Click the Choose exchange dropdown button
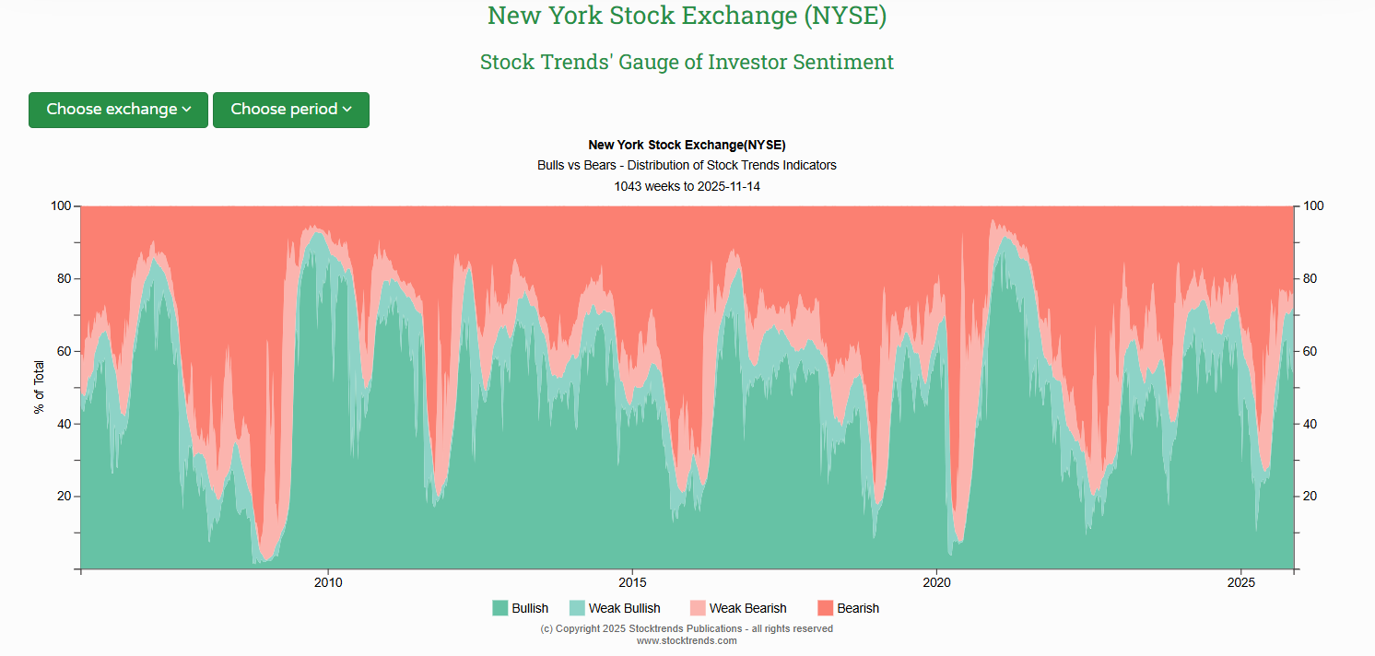click(118, 110)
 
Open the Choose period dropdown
click(290, 110)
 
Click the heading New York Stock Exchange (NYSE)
click(687, 16)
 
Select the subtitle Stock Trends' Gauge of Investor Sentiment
click(687, 62)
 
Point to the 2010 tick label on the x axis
click(328, 582)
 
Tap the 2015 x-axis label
click(632, 582)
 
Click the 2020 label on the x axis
click(936, 582)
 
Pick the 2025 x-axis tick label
click(1241, 582)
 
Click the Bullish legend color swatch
click(500, 608)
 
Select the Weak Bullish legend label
click(624, 608)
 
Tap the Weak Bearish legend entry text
click(747, 608)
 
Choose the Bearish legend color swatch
click(826, 608)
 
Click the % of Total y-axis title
click(39, 388)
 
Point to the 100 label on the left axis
click(60, 206)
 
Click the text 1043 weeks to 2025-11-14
click(687, 186)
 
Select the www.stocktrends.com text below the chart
click(687, 640)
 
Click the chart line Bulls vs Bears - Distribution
click(687, 166)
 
